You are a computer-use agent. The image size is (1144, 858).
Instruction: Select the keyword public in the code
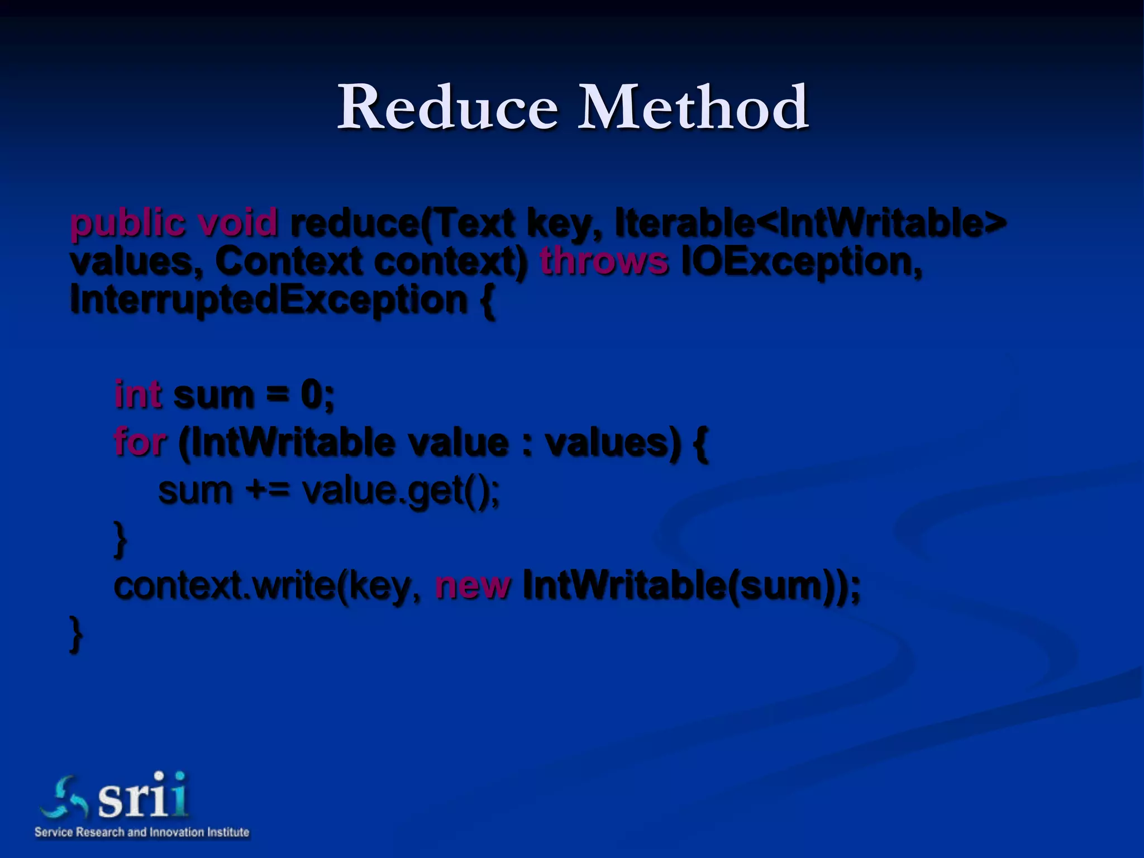coord(127,223)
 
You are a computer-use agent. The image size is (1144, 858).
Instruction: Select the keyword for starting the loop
coord(140,442)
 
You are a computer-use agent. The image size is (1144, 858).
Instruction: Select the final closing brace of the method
coord(76,633)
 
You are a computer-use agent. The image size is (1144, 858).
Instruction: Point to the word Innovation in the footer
coord(176,832)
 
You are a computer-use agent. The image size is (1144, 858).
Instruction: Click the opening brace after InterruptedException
coord(487,301)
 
